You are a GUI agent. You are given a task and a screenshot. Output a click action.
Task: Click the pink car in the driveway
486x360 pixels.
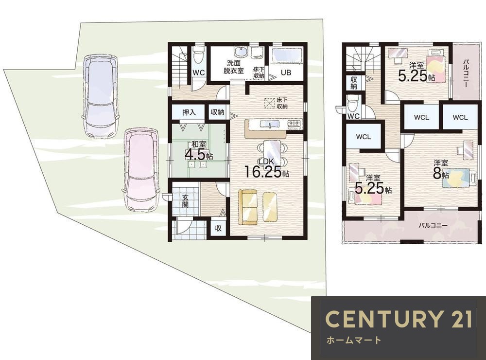point(141,170)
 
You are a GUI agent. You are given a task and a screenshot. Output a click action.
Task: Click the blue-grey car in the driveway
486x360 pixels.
point(101,96)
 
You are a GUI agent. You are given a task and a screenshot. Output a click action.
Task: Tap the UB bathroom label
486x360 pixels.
point(286,72)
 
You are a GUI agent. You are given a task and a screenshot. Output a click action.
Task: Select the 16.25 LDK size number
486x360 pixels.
point(263,172)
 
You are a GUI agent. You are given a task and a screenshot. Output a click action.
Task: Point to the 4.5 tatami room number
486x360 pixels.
point(195,154)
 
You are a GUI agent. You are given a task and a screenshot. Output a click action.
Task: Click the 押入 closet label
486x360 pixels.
point(189,112)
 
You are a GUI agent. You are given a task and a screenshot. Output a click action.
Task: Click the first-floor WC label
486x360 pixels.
point(199,72)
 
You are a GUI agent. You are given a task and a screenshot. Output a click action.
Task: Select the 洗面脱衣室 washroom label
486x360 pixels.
point(233,67)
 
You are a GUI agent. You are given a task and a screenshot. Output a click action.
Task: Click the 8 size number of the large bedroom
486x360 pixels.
point(437,174)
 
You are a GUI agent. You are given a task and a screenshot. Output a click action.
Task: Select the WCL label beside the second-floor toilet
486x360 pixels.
point(363,136)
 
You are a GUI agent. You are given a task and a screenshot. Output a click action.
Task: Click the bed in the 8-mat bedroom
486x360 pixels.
point(456,178)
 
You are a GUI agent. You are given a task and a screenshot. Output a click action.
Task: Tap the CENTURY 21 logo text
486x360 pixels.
point(399,319)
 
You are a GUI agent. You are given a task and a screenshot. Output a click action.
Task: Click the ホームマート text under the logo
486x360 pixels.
point(353,340)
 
